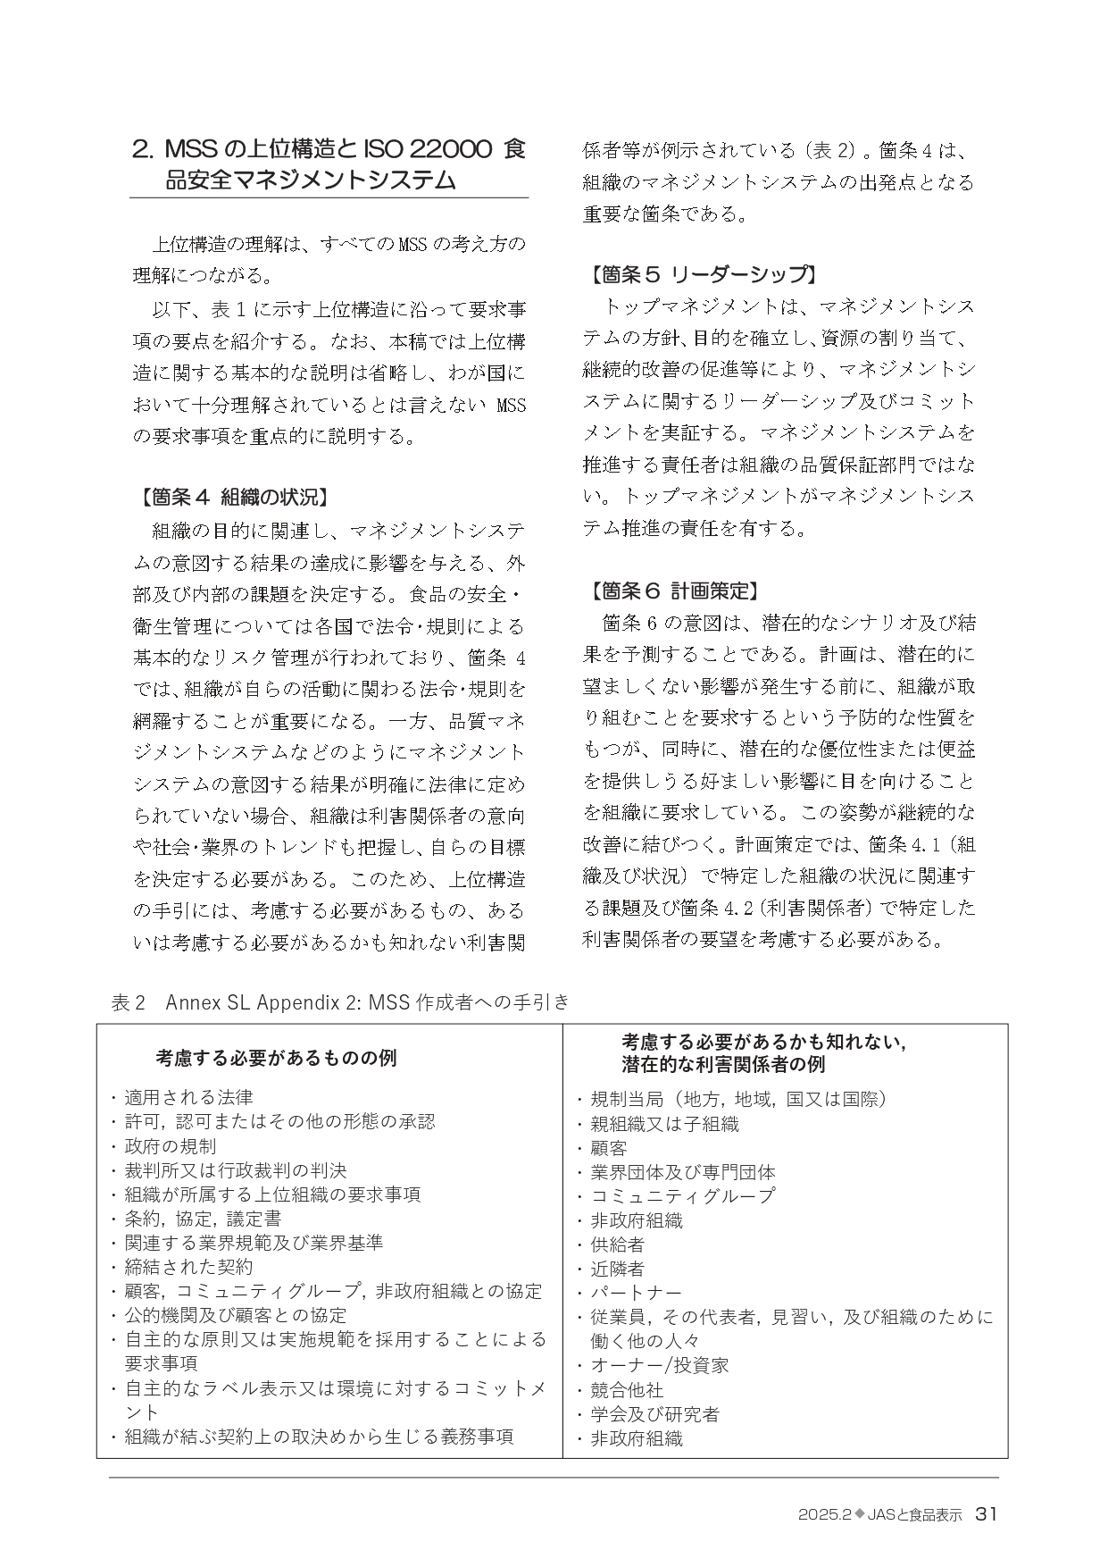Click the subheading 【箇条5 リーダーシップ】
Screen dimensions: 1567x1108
pos(701,274)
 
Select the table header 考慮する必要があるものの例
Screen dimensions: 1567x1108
pos(277,1058)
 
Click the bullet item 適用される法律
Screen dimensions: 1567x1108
pos(188,1097)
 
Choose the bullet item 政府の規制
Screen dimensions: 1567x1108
pos(170,1146)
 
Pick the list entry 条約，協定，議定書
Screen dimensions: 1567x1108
pos(203,1219)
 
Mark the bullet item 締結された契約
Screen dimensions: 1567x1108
pos(188,1267)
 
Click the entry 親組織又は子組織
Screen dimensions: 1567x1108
pos(664,1124)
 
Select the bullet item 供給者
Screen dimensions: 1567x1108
pos(617,1244)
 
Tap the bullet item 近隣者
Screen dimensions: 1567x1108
pos(617,1269)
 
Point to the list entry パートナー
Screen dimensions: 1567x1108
pos(636,1293)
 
